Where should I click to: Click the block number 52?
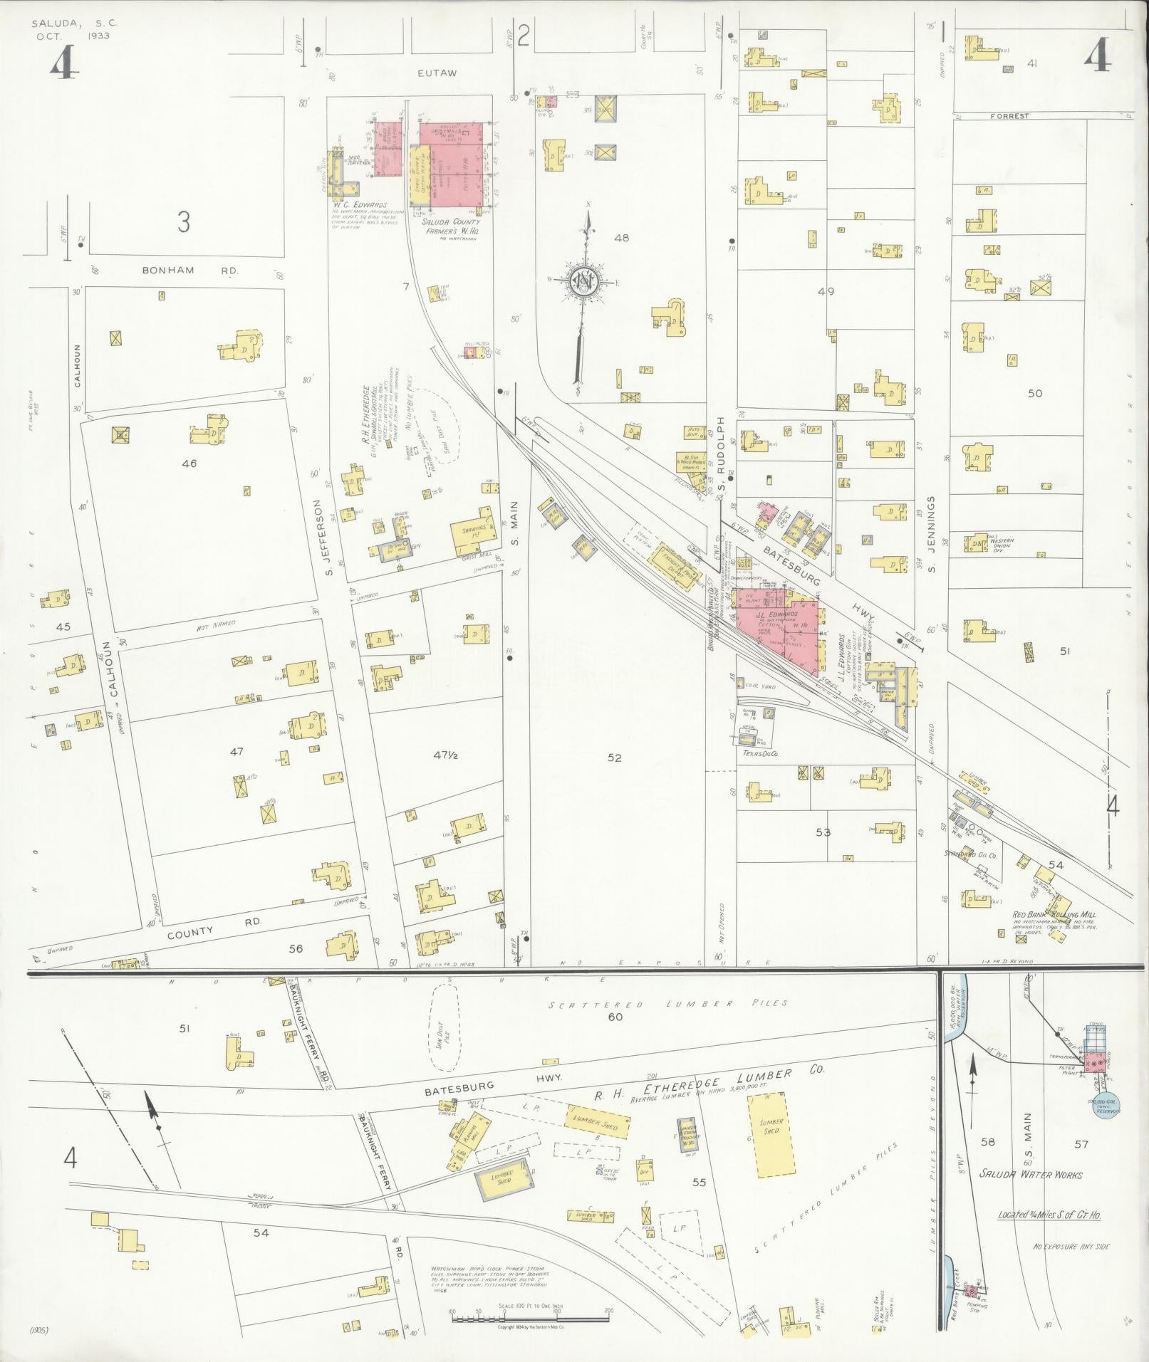(614, 758)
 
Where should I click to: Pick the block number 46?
(189, 463)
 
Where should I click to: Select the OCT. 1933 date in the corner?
(73, 36)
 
